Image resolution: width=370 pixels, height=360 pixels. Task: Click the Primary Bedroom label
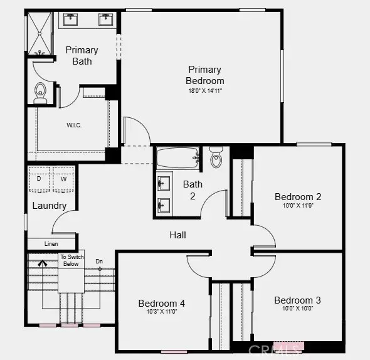tap(204, 75)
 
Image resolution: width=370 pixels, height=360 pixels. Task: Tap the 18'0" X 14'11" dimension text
tap(204, 91)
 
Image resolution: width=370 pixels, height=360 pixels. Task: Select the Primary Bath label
tap(82, 55)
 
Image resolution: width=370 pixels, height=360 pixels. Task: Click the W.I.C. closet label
tap(74, 125)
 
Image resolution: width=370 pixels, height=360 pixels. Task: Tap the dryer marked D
tap(40, 179)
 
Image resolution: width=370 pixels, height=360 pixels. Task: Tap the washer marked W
tap(63, 179)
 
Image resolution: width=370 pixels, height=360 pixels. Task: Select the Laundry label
tap(49, 206)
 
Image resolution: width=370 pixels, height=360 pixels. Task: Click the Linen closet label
tap(51, 244)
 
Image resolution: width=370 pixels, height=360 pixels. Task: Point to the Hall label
tap(177, 235)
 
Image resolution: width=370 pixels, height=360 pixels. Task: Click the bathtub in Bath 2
tap(177, 159)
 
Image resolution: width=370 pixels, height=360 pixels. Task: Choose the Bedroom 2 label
tap(298, 197)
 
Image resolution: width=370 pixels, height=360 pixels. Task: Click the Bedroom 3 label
tap(298, 300)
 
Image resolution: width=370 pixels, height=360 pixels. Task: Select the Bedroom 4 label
tap(162, 304)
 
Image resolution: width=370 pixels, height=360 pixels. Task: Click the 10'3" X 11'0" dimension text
tap(162, 312)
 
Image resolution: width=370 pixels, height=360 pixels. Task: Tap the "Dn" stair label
tap(99, 262)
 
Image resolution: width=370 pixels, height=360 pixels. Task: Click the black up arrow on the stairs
tap(43, 265)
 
